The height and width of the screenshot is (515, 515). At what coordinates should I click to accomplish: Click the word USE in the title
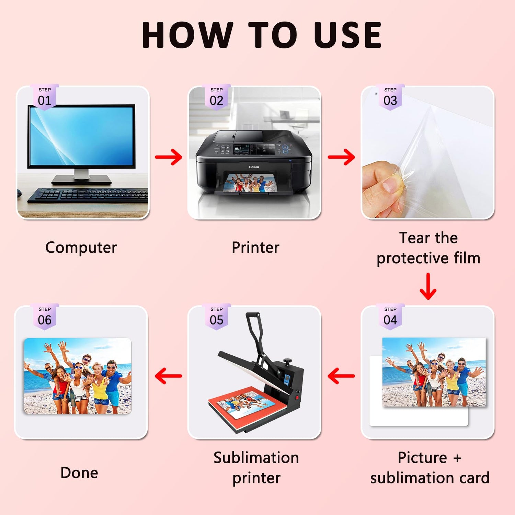pyautogui.click(x=347, y=35)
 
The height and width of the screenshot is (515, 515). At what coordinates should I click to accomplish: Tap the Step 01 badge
pyautogui.click(x=45, y=97)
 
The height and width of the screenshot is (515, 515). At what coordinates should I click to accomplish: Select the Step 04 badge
pyautogui.click(x=390, y=317)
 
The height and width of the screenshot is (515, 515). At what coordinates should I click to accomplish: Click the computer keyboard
pyautogui.click(x=88, y=195)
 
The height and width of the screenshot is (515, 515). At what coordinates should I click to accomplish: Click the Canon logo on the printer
pyautogui.click(x=254, y=167)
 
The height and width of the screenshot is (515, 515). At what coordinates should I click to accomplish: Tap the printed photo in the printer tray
pyautogui.click(x=250, y=183)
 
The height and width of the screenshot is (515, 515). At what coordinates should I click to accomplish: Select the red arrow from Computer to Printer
pyautogui.click(x=168, y=157)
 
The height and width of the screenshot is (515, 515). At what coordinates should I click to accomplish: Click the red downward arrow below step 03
pyautogui.click(x=428, y=286)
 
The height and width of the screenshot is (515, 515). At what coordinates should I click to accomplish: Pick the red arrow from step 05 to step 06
pyautogui.click(x=168, y=376)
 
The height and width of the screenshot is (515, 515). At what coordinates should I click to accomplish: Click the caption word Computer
pyautogui.click(x=81, y=248)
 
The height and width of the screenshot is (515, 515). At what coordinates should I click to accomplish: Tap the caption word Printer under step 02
pyautogui.click(x=255, y=247)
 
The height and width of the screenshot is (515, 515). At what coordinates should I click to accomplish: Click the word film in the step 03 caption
pyautogui.click(x=467, y=258)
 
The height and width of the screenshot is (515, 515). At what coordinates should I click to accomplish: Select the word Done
pyautogui.click(x=79, y=473)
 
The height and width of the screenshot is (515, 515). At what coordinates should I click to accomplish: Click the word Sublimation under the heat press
pyautogui.click(x=256, y=458)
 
